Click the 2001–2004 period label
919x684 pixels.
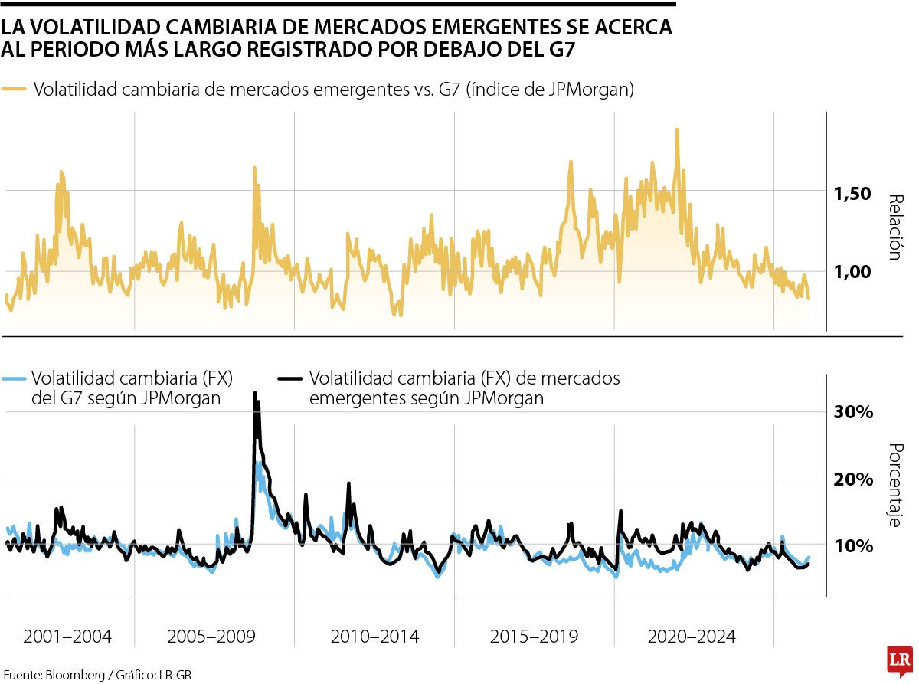(67, 637)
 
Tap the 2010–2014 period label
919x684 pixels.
(374, 637)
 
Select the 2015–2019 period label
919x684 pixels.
(534, 637)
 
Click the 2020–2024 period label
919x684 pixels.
(692, 637)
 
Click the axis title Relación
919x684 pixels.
(894, 227)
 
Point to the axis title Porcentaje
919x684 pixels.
(894, 486)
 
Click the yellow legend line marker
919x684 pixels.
(14, 90)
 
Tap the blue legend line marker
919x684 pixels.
(14, 378)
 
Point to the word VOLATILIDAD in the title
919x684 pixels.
(92, 28)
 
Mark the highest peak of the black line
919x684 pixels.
(255, 394)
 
